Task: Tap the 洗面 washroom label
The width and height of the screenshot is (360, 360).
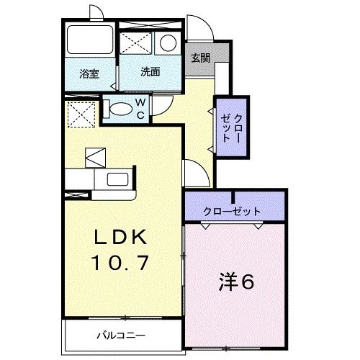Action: click(x=150, y=72)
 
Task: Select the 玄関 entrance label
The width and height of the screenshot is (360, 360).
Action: click(x=201, y=58)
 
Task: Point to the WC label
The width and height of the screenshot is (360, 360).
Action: click(x=141, y=109)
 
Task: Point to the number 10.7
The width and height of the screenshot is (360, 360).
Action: click(x=122, y=263)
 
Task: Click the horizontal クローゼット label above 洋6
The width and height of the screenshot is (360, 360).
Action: click(x=232, y=211)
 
